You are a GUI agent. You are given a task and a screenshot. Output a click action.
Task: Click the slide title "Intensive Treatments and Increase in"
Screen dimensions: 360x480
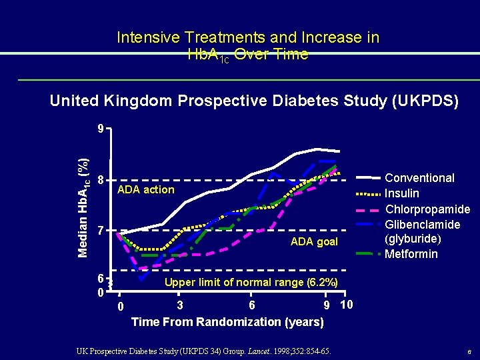(x=248, y=38)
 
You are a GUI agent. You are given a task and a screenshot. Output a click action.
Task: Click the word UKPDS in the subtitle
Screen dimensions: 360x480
(x=424, y=101)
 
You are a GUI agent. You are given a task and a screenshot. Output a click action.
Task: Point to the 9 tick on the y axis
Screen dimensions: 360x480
(x=99, y=129)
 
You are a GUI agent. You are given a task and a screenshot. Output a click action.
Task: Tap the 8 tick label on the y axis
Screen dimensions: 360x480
(x=99, y=181)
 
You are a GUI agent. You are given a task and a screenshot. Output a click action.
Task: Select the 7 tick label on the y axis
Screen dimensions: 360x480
(x=99, y=232)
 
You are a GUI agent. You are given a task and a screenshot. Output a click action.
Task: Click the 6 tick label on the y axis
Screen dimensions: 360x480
(x=99, y=278)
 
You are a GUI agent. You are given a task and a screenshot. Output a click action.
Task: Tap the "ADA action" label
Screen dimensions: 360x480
(x=145, y=190)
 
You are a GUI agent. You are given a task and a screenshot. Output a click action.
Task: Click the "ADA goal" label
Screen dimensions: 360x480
(x=314, y=241)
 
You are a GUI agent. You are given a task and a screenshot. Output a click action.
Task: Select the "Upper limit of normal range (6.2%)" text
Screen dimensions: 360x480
(x=251, y=283)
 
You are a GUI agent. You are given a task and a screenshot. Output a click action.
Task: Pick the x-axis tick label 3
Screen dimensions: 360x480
(x=180, y=305)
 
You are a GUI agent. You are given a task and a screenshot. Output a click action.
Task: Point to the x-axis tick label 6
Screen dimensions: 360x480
(x=251, y=305)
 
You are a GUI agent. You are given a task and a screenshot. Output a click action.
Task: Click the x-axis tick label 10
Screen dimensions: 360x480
(x=346, y=305)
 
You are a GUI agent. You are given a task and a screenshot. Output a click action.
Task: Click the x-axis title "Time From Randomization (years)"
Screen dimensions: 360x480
(x=227, y=322)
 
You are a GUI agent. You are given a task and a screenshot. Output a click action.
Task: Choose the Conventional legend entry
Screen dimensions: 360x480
(x=420, y=178)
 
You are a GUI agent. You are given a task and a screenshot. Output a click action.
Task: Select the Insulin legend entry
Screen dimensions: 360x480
(x=402, y=193)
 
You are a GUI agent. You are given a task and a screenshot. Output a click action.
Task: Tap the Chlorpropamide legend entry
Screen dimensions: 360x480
(x=427, y=209)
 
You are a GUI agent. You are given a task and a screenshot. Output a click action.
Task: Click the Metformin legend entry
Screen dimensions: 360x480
(x=411, y=254)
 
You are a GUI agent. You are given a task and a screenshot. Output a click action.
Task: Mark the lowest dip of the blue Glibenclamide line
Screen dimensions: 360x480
(x=141, y=279)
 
